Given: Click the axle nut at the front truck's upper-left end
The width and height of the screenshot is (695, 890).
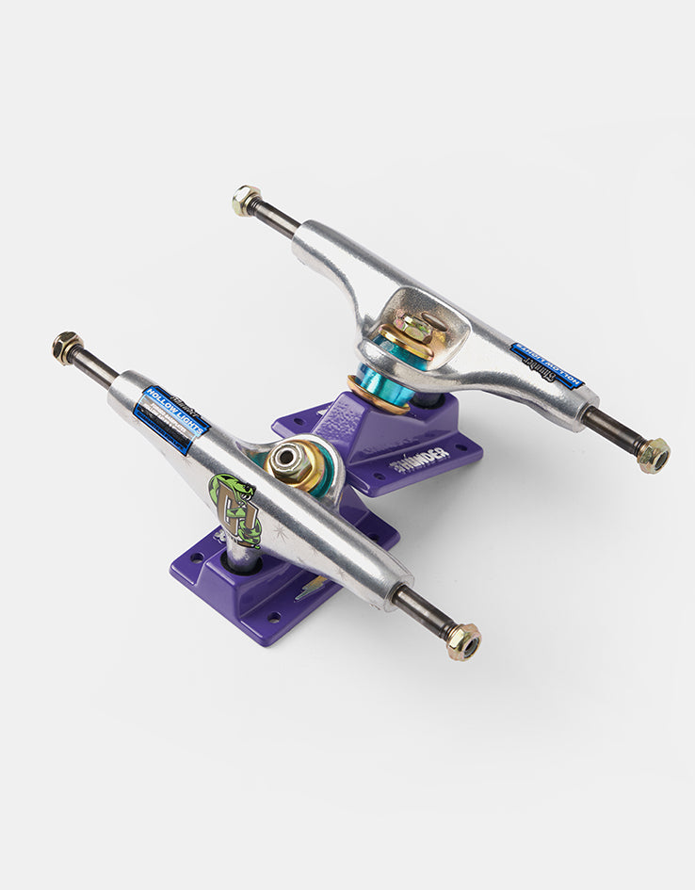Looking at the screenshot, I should pyautogui.click(x=67, y=348).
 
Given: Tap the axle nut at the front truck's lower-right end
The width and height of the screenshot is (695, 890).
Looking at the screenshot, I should pyautogui.click(x=463, y=641).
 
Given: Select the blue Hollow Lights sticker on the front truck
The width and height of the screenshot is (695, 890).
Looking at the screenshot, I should pyautogui.click(x=170, y=419).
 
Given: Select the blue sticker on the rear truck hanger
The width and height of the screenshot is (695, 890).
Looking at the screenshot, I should pyautogui.click(x=547, y=365).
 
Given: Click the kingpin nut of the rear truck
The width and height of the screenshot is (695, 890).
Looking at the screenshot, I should pyautogui.click(x=414, y=330).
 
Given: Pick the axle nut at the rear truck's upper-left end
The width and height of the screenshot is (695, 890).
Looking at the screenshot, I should pyautogui.click(x=247, y=201).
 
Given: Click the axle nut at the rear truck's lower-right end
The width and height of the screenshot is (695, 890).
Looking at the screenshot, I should pyautogui.click(x=653, y=455).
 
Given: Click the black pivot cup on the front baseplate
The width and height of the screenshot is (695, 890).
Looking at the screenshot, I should pyautogui.click(x=235, y=561).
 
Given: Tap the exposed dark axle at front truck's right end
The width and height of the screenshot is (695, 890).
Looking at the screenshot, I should pyautogui.click(x=423, y=613).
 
